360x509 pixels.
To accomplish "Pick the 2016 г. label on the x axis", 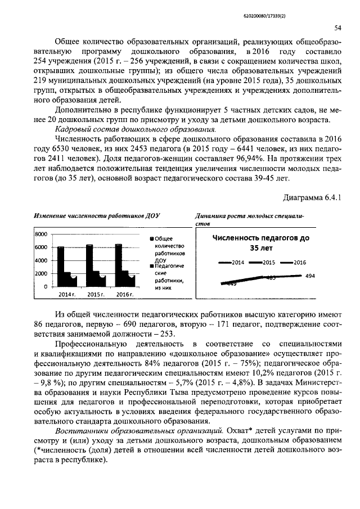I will pyautogui.click(x=123, y=295).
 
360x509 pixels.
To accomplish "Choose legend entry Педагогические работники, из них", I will pyautogui.click(x=169, y=276).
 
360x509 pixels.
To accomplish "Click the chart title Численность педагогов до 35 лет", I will pyautogui.click(x=260, y=242).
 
